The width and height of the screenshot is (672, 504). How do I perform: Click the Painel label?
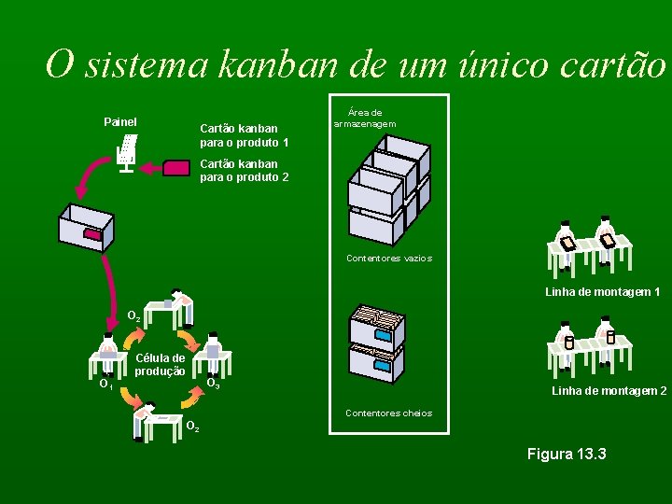pyautogui.click(x=119, y=122)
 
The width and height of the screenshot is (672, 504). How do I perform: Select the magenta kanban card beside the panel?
pyautogui.click(x=175, y=168)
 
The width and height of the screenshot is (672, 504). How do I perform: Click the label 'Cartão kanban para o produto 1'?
pyautogui.click(x=244, y=135)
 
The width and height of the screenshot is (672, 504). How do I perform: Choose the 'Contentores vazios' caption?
pyautogui.click(x=388, y=259)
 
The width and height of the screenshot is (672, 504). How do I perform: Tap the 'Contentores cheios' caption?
pyautogui.click(x=388, y=413)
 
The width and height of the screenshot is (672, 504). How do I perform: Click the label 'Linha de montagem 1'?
pyautogui.click(x=602, y=292)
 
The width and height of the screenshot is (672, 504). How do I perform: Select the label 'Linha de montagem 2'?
pyautogui.click(x=609, y=391)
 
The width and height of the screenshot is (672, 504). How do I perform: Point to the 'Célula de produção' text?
pyautogui.click(x=160, y=364)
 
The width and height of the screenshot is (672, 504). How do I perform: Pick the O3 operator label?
pyautogui.click(x=213, y=383)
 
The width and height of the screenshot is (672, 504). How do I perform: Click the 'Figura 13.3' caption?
pyautogui.click(x=567, y=455)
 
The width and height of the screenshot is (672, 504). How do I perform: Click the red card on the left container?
pyautogui.click(x=91, y=234)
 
